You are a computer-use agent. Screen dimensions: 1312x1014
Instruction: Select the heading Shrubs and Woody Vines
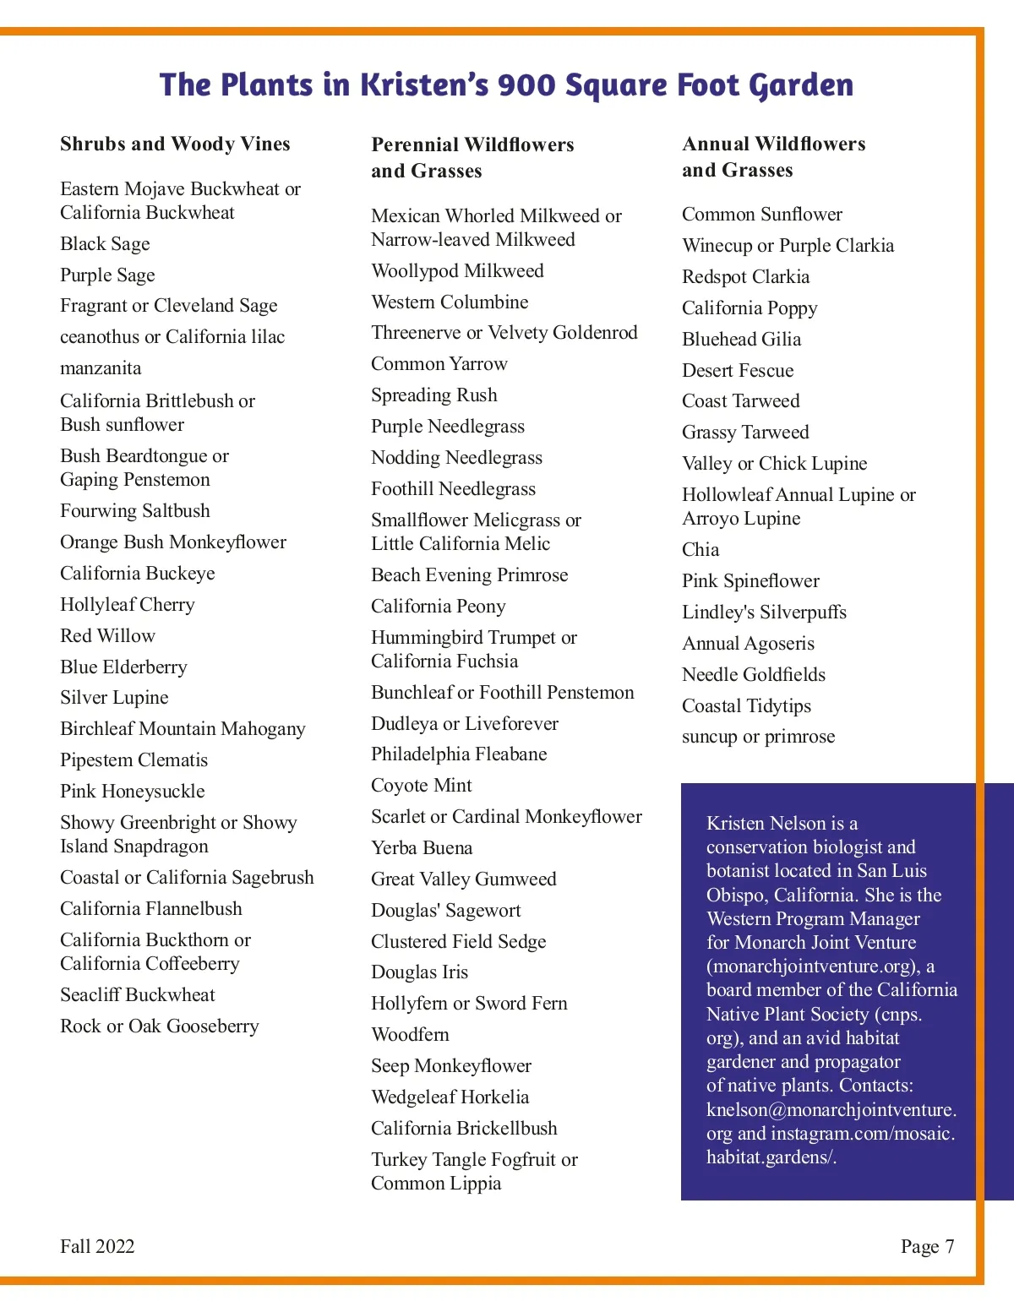point(175,144)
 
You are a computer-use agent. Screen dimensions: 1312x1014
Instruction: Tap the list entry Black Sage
point(105,244)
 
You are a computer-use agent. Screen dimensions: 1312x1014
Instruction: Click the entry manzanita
point(101,368)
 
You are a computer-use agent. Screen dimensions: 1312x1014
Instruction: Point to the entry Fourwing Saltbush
point(135,511)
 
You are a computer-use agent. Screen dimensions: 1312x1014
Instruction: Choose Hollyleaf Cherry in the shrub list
point(128,605)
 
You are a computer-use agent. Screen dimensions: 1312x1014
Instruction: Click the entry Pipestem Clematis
point(134,760)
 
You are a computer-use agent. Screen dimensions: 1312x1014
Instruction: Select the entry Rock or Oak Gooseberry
point(160,1026)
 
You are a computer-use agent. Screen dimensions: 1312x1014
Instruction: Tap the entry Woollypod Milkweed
point(457,271)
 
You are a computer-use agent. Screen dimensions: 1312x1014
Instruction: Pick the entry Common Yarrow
point(439,364)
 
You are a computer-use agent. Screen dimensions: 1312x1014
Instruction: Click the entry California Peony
point(439,607)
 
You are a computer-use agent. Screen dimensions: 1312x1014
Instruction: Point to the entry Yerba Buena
point(422,848)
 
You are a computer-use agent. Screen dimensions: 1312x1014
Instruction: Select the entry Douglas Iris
point(419,972)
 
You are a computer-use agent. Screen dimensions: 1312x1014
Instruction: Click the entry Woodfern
point(410,1035)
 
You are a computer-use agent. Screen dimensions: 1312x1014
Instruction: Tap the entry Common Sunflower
point(762,215)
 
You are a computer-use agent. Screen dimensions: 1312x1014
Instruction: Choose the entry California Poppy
point(750,308)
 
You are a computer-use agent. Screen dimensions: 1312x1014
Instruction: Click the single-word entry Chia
point(701,550)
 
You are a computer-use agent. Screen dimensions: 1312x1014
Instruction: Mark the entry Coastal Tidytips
point(746,706)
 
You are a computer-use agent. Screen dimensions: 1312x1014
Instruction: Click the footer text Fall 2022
point(97,1247)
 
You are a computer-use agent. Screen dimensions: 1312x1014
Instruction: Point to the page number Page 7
point(927,1247)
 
